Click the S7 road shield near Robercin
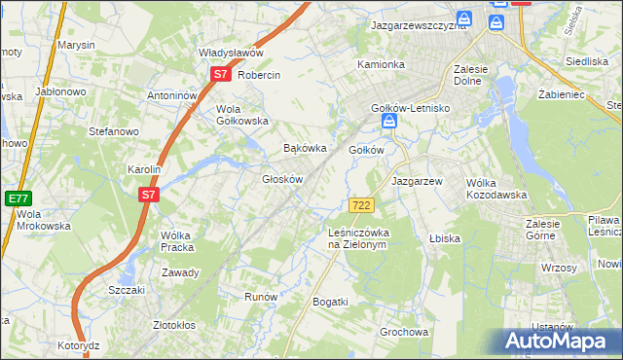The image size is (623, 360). pyautogui.click(x=220, y=74)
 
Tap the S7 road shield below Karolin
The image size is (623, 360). pyautogui.click(x=147, y=195)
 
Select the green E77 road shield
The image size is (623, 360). pyautogui.click(x=17, y=198)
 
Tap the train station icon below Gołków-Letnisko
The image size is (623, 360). pyautogui.click(x=389, y=122)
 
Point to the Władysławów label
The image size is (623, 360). pyautogui.click(x=232, y=53)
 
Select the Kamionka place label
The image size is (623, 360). pyautogui.click(x=381, y=65)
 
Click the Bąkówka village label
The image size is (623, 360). pyautogui.click(x=303, y=149)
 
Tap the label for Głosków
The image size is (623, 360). pyautogui.click(x=284, y=179)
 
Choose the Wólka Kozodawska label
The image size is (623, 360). pyautogui.click(x=496, y=188)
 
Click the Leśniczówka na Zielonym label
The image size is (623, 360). pyautogui.click(x=358, y=238)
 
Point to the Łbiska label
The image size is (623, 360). pyautogui.click(x=444, y=237)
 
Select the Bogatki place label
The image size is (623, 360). pyautogui.click(x=330, y=302)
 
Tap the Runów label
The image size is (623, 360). pyautogui.click(x=261, y=297)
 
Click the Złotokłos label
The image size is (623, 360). pyautogui.click(x=175, y=325)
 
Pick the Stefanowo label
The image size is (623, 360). pyautogui.click(x=115, y=130)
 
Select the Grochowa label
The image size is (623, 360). pyautogui.click(x=404, y=332)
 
